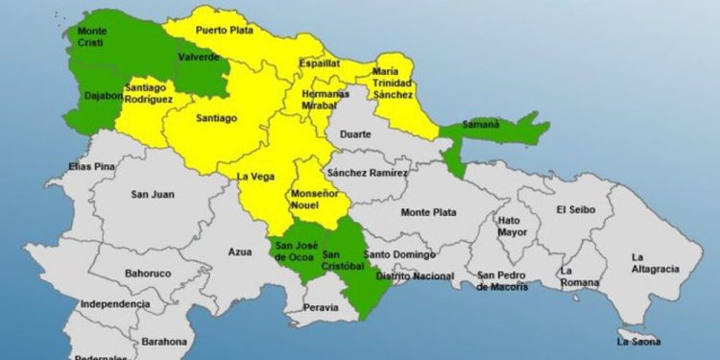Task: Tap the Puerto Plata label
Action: coord(223,31)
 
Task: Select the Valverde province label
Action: coord(199,57)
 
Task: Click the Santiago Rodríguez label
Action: coord(149,93)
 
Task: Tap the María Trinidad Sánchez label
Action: coord(394,83)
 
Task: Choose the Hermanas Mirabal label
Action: coord(314,100)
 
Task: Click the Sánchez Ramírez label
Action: coord(367,173)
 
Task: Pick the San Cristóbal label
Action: coord(343,258)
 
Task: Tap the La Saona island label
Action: coord(639,341)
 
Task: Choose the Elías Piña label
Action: coord(92,168)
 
